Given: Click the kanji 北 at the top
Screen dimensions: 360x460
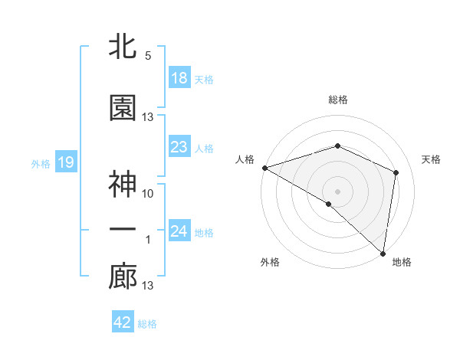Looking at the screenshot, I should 123,47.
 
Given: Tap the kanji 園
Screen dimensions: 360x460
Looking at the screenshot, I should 123,107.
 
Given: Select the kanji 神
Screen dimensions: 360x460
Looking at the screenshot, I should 123,184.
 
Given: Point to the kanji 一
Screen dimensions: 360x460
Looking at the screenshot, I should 123,230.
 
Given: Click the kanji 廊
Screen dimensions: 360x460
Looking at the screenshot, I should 123,277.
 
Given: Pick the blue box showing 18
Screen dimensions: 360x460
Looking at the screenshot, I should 179,78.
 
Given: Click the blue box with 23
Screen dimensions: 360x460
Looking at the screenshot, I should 179,147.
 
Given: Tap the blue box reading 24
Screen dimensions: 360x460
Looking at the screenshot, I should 179,231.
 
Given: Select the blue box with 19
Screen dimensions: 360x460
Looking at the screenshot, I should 65,162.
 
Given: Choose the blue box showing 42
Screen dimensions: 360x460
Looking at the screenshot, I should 122,322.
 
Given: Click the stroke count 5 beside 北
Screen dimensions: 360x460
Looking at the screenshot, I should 148,57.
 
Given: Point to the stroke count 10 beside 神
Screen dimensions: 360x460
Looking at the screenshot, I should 148,194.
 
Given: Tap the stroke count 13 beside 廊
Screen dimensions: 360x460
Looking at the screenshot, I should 148,286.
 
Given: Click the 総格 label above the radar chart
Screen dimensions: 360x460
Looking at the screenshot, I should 338,100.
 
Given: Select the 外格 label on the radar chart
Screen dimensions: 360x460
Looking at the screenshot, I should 270,262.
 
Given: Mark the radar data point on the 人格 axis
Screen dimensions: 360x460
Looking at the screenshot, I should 264,167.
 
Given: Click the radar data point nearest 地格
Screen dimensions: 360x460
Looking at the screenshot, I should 383,253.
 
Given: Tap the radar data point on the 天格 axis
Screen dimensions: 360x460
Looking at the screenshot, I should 396,172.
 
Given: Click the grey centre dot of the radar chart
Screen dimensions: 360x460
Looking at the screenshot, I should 337,191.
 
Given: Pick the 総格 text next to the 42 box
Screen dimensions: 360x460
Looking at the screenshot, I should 147,324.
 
